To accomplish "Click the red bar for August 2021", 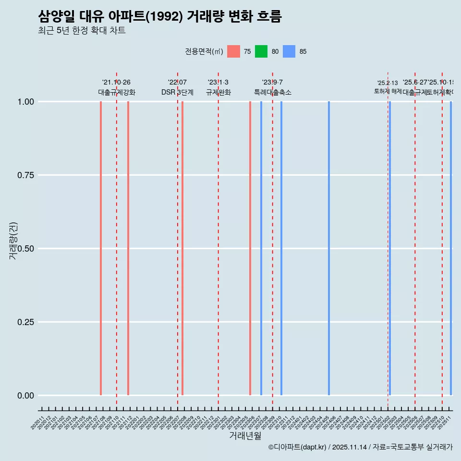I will (x=101, y=248).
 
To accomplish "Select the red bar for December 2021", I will (x=128, y=248).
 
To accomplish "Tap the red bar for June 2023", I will (x=250, y=248).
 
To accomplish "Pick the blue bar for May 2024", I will (x=329, y=248).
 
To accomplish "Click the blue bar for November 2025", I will (x=451, y=248).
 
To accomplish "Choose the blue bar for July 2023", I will (x=261, y=248).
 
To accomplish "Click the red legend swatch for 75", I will (x=233, y=51).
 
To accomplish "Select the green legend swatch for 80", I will (x=261, y=51).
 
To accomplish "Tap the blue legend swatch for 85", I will (x=289, y=51).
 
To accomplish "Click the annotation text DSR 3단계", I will (x=177, y=93).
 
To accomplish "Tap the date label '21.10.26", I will (x=116, y=83).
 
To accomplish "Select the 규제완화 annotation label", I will (x=218, y=93).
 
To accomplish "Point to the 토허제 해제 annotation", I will (x=388, y=91).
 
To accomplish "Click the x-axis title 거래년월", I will (x=245, y=436).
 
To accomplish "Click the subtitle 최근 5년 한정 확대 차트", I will (x=82, y=31).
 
